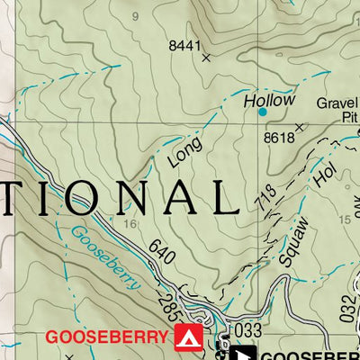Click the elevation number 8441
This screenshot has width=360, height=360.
(x=184, y=44)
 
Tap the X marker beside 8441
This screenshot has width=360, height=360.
(x=206, y=58)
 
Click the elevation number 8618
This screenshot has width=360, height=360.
(x=279, y=138)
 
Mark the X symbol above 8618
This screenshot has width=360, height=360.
(x=300, y=127)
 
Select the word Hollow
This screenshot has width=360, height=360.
(x=269, y=100)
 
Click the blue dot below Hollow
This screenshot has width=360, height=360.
(x=263, y=112)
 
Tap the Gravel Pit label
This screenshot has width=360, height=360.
(x=337, y=110)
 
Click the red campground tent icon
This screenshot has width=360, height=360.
(x=188, y=337)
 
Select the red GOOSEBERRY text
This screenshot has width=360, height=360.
(x=107, y=337)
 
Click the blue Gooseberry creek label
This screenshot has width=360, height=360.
(x=105, y=257)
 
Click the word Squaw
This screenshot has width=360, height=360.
(x=293, y=241)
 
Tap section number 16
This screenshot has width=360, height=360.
(x=131, y=224)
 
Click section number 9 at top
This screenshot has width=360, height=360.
(x=137, y=16)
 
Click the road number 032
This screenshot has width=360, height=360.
(x=349, y=310)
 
